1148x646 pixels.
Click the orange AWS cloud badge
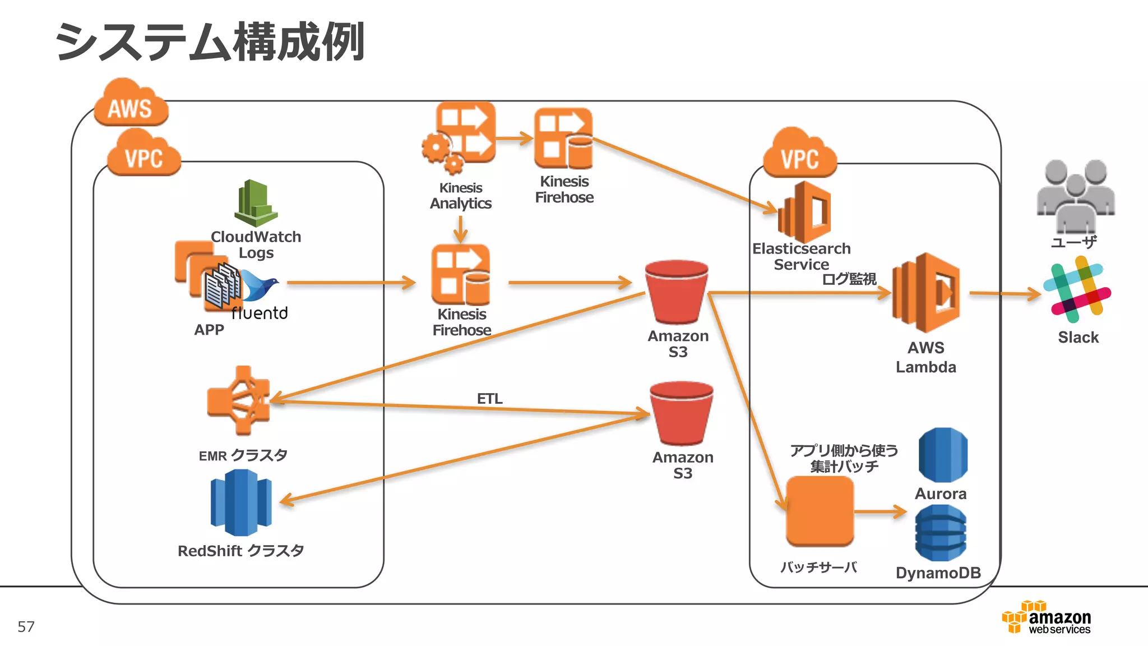point(131,104)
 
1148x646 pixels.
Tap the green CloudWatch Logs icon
point(256,203)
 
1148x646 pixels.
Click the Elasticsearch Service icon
point(804,212)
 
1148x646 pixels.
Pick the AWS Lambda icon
point(926,293)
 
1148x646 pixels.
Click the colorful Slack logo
point(1077,290)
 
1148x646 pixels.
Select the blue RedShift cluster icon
point(241,502)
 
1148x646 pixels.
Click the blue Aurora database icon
point(943,455)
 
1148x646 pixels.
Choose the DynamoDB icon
point(941,533)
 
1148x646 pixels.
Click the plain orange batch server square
point(820,511)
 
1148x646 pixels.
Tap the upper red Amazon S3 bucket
point(677,292)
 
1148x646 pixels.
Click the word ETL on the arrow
point(489,399)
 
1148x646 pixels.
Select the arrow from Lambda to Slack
point(1003,293)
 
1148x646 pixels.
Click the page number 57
point(26,626)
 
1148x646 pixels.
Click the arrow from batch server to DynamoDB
point(880,511)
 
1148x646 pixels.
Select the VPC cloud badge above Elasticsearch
point(799,154)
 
